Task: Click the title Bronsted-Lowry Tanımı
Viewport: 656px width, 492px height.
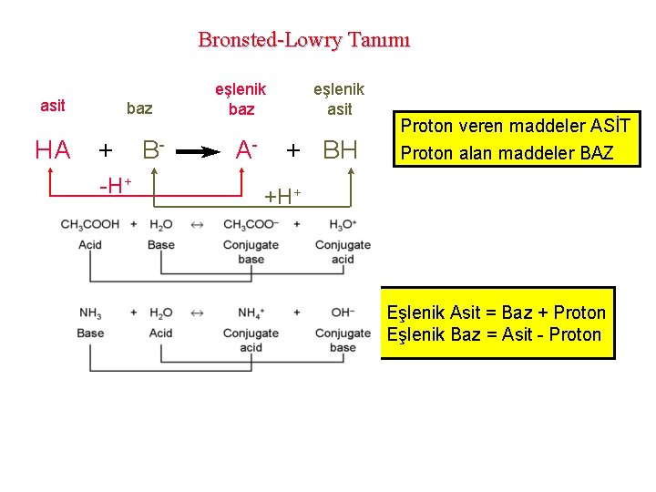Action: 304,40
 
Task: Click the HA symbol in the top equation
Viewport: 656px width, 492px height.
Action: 53,150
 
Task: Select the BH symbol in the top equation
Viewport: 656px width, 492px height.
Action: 341,150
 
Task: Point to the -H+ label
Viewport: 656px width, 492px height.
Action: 115,186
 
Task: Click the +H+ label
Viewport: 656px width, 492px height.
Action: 282,194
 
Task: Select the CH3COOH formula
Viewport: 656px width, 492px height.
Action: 90,225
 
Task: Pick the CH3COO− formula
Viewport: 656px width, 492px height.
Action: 251,225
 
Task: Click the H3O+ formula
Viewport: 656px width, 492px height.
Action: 343,225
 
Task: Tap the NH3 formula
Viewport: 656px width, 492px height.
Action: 90,313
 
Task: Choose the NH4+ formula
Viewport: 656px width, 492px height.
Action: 251,313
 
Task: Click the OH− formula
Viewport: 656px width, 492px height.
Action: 343,313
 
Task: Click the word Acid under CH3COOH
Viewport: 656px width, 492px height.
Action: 90,245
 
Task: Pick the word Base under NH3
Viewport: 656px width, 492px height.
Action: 90,333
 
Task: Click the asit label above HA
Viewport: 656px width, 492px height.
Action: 53,106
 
